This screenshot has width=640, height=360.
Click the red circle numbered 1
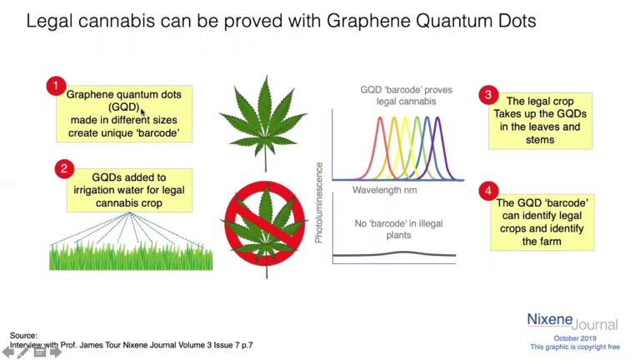pos(55,86)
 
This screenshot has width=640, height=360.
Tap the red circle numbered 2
pos(65,168)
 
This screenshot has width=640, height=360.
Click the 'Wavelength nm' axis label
pos(384,190)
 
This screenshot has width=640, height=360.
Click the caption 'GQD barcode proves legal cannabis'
pos(398,95)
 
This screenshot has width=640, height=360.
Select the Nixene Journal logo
pos(572,321)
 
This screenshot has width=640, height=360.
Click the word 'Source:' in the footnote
pos(23,335)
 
